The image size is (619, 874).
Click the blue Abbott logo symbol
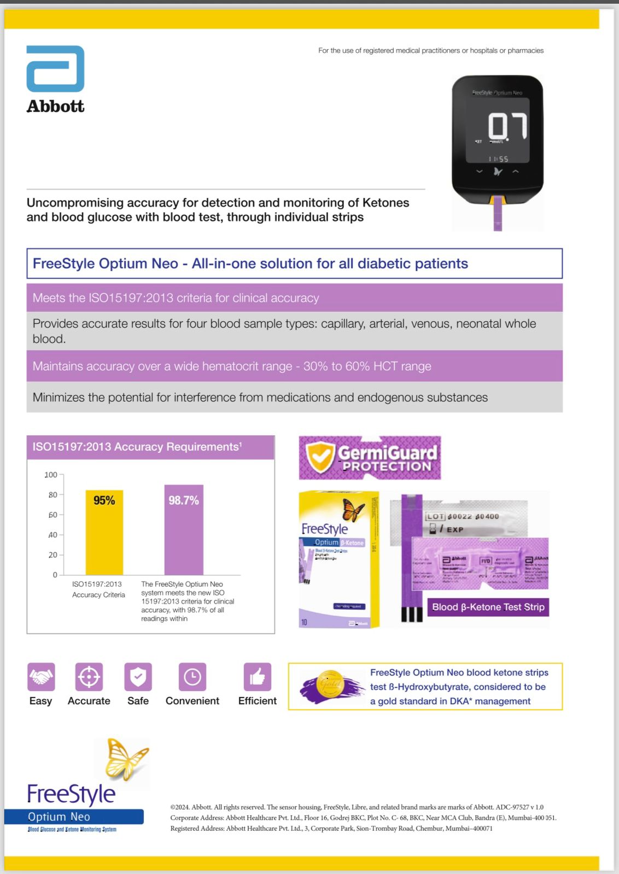[55, 69]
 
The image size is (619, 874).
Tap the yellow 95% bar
[104, 532]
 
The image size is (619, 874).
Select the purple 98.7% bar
[184, 529]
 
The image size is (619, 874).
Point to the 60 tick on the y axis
[53, 515]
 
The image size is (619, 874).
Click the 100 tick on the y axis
[51, 475]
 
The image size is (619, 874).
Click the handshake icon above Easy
[41, 677]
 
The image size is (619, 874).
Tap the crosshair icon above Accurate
[89, 677]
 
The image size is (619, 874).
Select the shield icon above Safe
[138, 677]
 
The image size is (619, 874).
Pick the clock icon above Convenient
[192, 677]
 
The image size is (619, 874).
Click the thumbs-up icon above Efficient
[257, 677]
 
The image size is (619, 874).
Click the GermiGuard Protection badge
[370, 458]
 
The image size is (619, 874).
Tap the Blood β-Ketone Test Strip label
[488, 607]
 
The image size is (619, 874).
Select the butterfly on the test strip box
[353, 510]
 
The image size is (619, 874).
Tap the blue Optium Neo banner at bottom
[74, 817]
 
